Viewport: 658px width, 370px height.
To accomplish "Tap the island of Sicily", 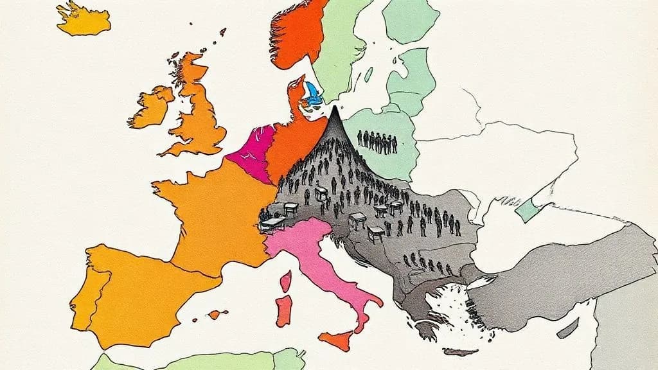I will [335, 340].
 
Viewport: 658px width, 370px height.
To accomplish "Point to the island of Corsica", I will [286, 280].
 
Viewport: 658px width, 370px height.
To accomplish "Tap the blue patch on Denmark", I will [313, 93].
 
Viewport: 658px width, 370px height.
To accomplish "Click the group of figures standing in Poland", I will [377, 141].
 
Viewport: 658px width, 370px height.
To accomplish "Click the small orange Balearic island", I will [217, 314].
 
